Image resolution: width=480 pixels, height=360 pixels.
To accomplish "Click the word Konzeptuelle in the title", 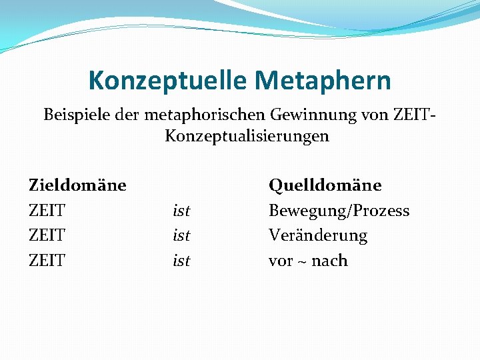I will coord(168,81).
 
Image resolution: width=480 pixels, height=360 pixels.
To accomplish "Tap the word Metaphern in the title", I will coord(323,81).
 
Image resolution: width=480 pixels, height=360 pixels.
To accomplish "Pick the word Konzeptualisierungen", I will coord(247,137).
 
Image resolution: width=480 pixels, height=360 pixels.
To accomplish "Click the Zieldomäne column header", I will coord(77,185).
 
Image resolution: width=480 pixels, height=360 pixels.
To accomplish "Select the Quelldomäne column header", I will coord(325,185).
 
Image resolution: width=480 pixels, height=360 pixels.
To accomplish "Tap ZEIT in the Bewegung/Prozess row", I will coord(47,211).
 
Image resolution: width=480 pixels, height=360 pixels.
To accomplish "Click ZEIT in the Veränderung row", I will coord(47,236).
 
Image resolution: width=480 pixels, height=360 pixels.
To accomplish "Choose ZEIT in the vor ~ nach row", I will coord(47,261).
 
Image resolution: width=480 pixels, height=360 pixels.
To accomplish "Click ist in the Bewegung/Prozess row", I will coord(181,211).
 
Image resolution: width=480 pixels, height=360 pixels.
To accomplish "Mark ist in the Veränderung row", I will coord(181,236).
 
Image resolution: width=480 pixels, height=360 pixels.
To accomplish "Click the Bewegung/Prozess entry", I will coord(339,211).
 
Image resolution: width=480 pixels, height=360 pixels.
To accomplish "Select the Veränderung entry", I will coord(317,236).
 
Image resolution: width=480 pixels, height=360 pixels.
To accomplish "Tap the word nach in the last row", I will coord(329,261).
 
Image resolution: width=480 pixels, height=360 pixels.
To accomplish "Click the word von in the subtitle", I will coord(357,115).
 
